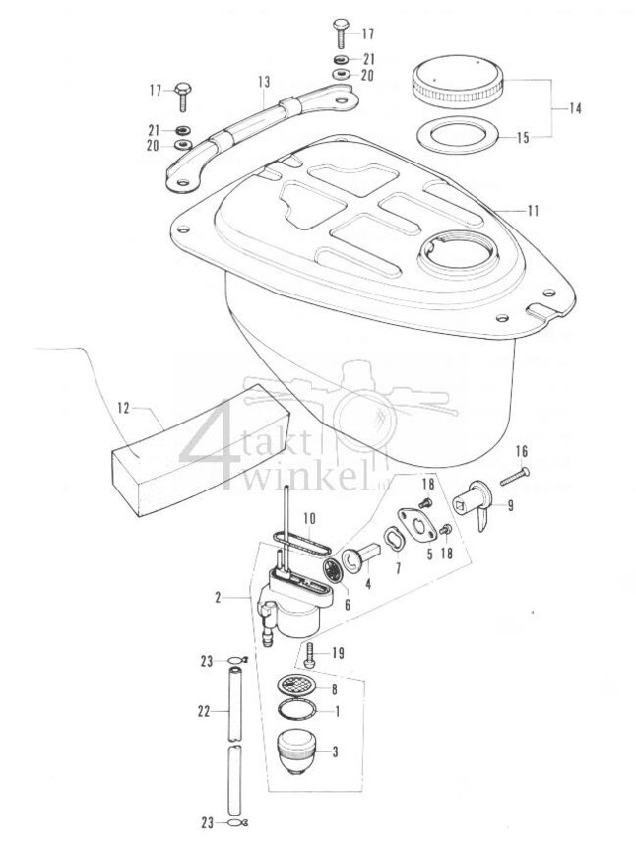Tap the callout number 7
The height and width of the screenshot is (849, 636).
(x=398, y=569)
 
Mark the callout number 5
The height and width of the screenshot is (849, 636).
(x=429, y=555)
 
